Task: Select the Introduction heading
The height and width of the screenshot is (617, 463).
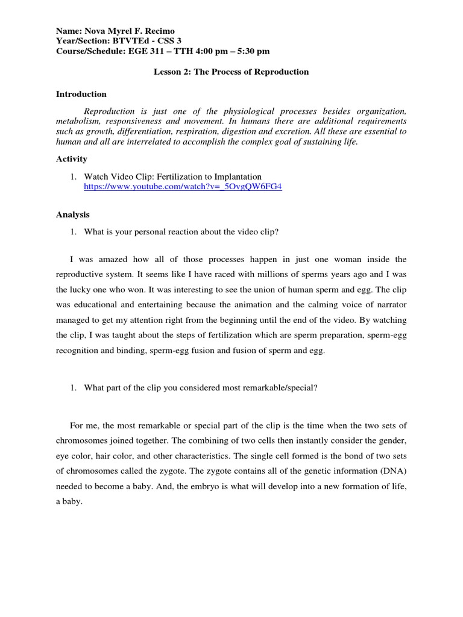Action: tap(81, 94)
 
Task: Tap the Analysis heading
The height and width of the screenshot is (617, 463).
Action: tap(72, 214)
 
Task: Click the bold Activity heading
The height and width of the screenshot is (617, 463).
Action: tap(72, 159)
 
